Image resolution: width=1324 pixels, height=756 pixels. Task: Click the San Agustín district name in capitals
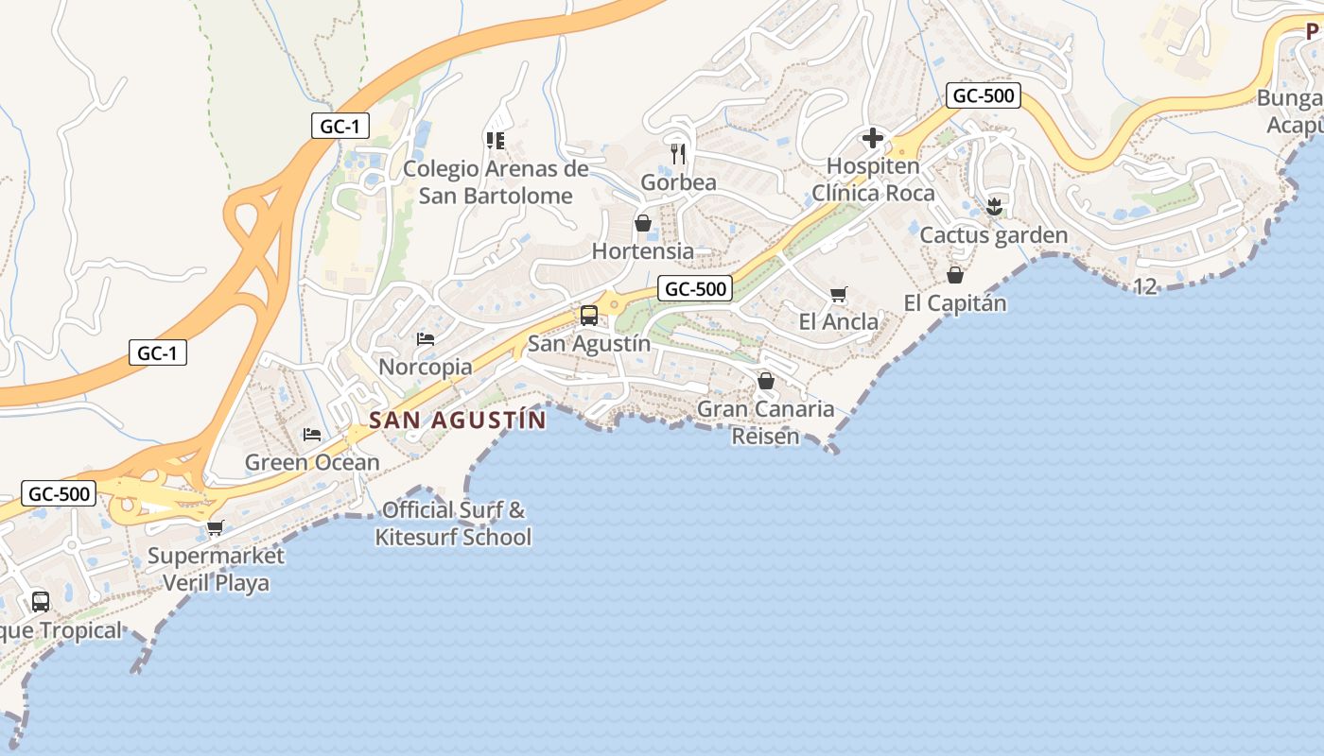(x=458, y=420)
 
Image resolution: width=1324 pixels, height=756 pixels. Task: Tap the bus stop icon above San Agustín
(x=588, y=316)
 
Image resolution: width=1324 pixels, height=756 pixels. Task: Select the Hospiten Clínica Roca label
(x=873, y=180)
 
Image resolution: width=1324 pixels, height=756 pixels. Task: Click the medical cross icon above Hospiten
(x=872, y=139)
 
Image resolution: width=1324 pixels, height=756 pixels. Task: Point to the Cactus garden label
(x=993, y=235)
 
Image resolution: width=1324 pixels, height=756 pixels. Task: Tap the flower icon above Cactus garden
(x=993, y=205)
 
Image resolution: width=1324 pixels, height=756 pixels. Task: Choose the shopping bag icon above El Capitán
(x=955, y=275)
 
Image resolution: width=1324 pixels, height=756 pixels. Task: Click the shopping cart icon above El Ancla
(x=838, y=294)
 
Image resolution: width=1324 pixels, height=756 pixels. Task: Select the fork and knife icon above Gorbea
(x=678, y=152)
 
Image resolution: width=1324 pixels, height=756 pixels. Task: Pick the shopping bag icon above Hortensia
(x=643, y=223)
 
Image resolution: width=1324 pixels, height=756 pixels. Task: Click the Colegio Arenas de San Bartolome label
(x=496, y=182)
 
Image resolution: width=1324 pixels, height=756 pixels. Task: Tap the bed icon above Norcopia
(x=426, y=338)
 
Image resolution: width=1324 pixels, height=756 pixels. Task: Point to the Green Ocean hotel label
(x=312, y=462)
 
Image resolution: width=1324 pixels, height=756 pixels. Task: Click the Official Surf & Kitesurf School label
(x=453, y=524)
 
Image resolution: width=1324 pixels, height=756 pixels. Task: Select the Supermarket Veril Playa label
(x=216, y=569)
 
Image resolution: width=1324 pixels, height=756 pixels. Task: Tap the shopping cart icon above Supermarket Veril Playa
(x=216, y=527)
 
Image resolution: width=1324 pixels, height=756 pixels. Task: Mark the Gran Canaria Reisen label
(x=766, y=422)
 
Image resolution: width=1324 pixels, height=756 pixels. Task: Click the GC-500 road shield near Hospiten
(x=983, y=95)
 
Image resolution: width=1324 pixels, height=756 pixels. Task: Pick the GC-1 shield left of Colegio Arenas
(x=340, y=126)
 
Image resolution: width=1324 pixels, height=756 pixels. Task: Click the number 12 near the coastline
(x=1144, y=286)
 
